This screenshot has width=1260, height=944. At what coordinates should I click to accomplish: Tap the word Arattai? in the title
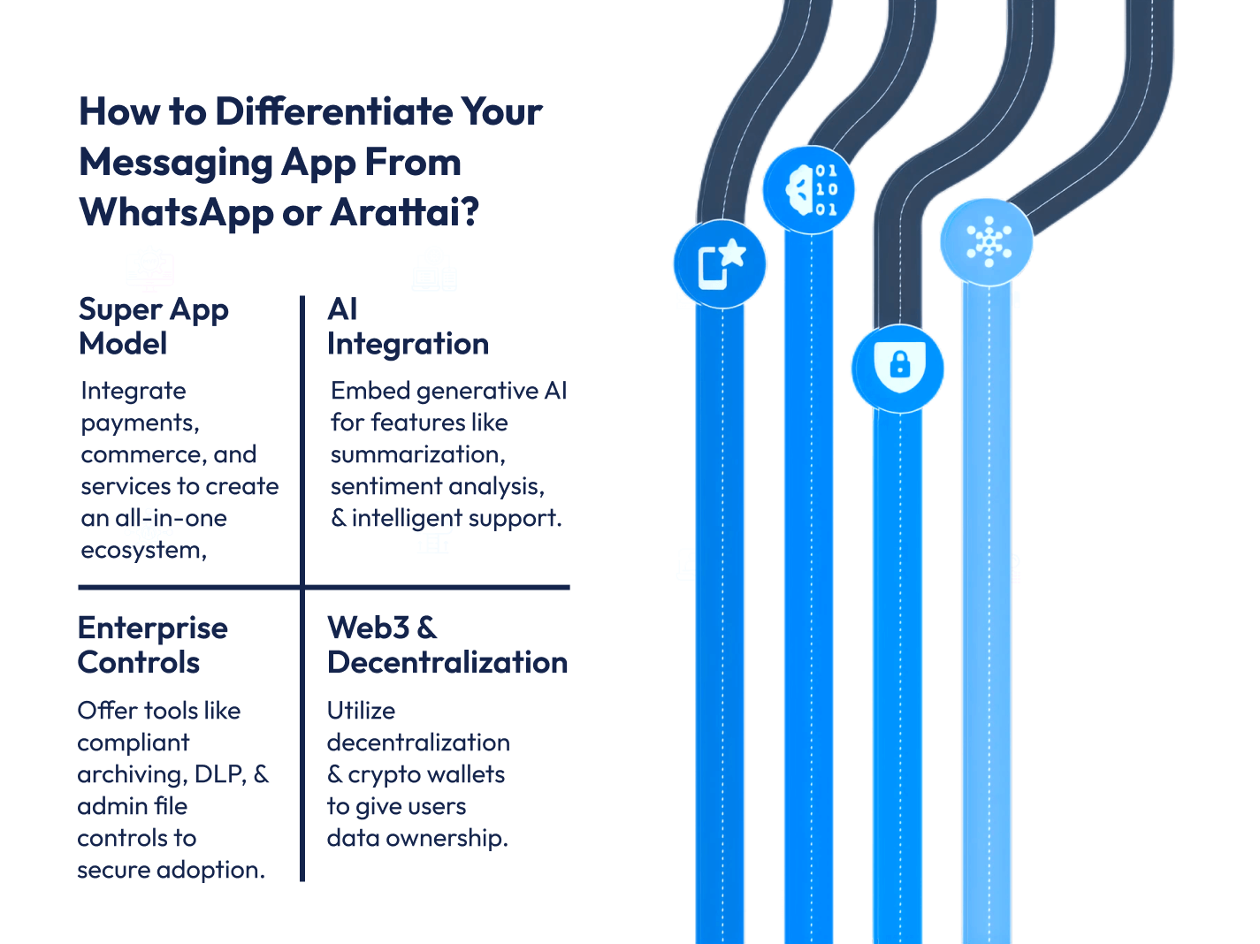coord(404,212)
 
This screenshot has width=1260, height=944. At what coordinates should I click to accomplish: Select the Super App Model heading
coord(153,326)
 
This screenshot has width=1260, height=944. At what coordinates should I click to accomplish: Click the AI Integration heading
coord(408,326)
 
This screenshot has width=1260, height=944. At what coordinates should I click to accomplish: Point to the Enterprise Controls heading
coord(152,645)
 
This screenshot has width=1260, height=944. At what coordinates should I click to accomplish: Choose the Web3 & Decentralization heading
coord(447,645)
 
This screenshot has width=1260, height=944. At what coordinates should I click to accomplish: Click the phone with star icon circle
coord(720,264)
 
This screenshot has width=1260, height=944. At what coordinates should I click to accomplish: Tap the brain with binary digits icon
coord(809,190)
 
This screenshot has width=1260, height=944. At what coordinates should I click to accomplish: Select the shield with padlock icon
coord(897,369)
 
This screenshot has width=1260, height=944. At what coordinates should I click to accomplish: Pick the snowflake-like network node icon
coord(987,242)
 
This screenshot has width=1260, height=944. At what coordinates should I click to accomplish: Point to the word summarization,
coord(418,454)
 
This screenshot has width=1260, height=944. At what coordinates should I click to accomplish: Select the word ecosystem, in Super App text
coord(143,551)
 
